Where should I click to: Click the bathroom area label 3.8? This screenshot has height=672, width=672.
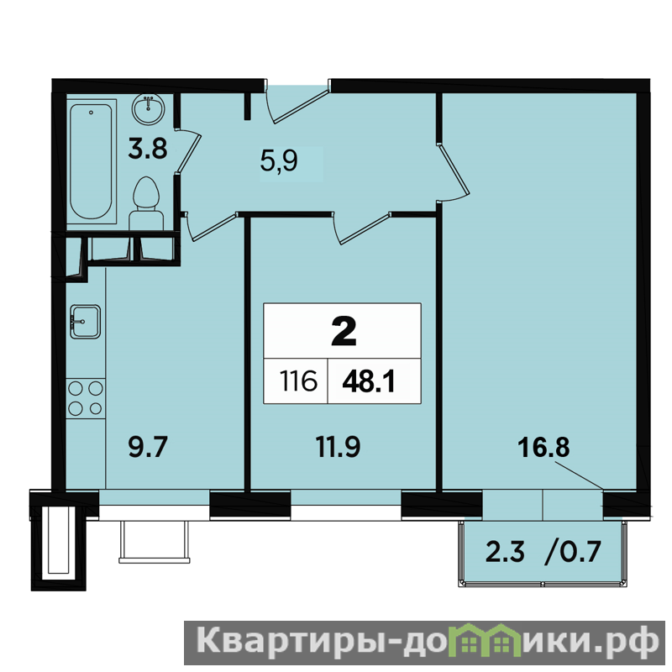[148, 149]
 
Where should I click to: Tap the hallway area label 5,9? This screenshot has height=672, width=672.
[279, 161]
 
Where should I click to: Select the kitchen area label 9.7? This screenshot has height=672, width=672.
[148, 447]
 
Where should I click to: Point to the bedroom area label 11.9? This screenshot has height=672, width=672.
[339, 447]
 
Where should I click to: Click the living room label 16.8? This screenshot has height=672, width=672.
[543, 447]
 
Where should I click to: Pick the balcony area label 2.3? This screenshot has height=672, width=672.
[505, 552]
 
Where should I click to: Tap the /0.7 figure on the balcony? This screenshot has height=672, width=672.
[573, 552]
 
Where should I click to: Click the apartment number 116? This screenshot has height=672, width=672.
[298, 381]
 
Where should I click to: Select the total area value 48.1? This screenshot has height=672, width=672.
[369, 381]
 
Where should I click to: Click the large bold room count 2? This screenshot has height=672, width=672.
[344, 331]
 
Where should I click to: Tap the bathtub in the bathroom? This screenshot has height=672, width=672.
[92, 161]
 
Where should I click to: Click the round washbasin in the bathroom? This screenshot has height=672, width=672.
[148, 109]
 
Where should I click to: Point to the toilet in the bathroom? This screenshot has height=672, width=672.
[146, 204]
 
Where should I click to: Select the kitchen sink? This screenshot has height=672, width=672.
[86, 322]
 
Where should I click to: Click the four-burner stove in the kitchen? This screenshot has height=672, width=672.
[86, 398]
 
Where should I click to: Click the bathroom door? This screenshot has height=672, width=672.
[187, 151]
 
